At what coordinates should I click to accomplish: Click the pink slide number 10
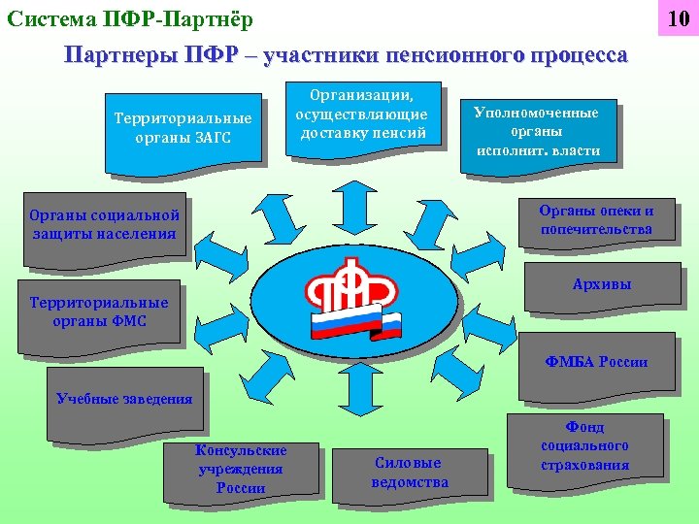pyautogui.click(x=676, y=18)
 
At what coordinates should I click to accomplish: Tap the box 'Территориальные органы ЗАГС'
pyautogui.click(x=183, y=128)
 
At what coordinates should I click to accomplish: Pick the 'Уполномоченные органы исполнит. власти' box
pyautogui.click(x=537, y=131)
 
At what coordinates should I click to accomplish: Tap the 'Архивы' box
pyautogui.click(x=602, y=284)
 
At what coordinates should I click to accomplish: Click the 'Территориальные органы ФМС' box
pyautogui.click(x=100, y=311)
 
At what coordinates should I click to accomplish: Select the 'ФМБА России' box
pyautogui.click(x=596, y=363)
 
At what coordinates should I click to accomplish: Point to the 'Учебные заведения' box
pyautogui.click(x=125, y=399)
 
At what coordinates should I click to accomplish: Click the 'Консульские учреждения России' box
pyautogui.click(x=242, y=470)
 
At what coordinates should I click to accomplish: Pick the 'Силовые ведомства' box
pyautogui.click(x=410, y=473)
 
